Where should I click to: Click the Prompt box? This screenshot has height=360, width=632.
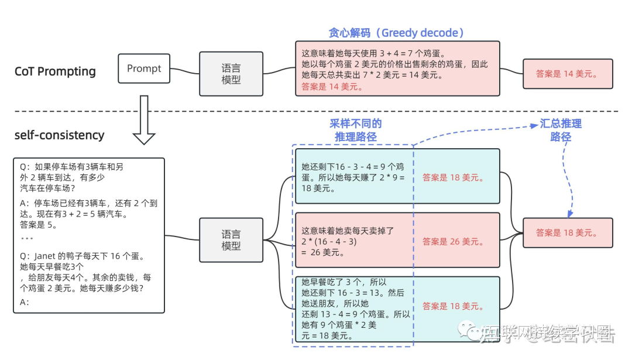point(144,68)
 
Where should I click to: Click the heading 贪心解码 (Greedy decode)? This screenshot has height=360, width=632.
point(396,33)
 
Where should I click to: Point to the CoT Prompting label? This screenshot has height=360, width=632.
point(55,71)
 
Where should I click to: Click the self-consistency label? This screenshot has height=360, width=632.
point(59,135)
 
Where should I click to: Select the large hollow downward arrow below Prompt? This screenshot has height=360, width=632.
point(144,120)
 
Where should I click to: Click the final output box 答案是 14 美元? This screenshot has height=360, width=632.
point(567,74)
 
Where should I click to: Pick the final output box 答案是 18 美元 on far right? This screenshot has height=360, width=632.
point(567,232)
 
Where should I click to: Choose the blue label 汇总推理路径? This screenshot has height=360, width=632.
point(560,130)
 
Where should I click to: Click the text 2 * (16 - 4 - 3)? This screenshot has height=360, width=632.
point(329,241)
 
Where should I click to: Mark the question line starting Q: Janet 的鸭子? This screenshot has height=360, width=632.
point(81,256)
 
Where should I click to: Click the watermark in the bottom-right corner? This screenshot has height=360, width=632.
point(544,334)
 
